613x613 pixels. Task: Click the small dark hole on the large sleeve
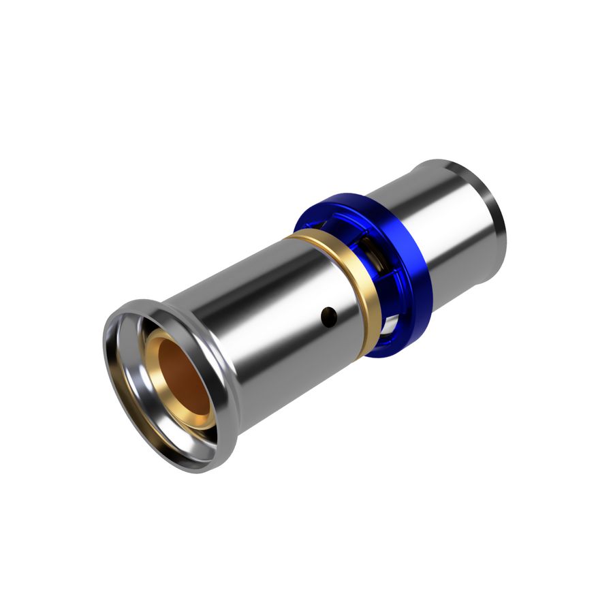pos(329,314)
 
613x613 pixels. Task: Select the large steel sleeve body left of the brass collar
pos(272,320)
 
